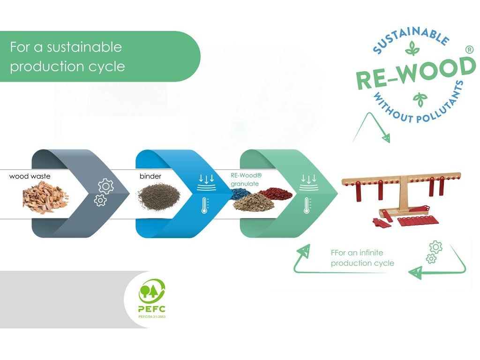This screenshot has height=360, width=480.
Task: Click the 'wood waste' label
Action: click(x=30, y=176)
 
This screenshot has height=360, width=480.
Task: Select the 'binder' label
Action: click(x=150, y=176)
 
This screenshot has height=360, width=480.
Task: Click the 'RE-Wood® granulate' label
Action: click(x=246, y=180)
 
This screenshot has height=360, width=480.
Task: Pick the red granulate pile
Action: click(x=275, y=193)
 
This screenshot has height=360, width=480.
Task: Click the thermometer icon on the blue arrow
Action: click(x=205, y=205)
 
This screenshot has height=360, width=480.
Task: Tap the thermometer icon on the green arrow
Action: click(x=307, y=205)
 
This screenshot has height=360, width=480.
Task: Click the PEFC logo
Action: click(x=152, y=298)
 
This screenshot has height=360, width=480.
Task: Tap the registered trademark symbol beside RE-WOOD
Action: click(x=469, y=50)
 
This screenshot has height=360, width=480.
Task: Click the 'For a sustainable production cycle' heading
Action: click(x=67, y=57)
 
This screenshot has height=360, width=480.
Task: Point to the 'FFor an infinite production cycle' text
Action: click(x=362, y=258)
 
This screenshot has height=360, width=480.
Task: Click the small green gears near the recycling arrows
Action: click(x=434, y=252)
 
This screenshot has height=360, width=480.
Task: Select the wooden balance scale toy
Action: click(x=401, y=199)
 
